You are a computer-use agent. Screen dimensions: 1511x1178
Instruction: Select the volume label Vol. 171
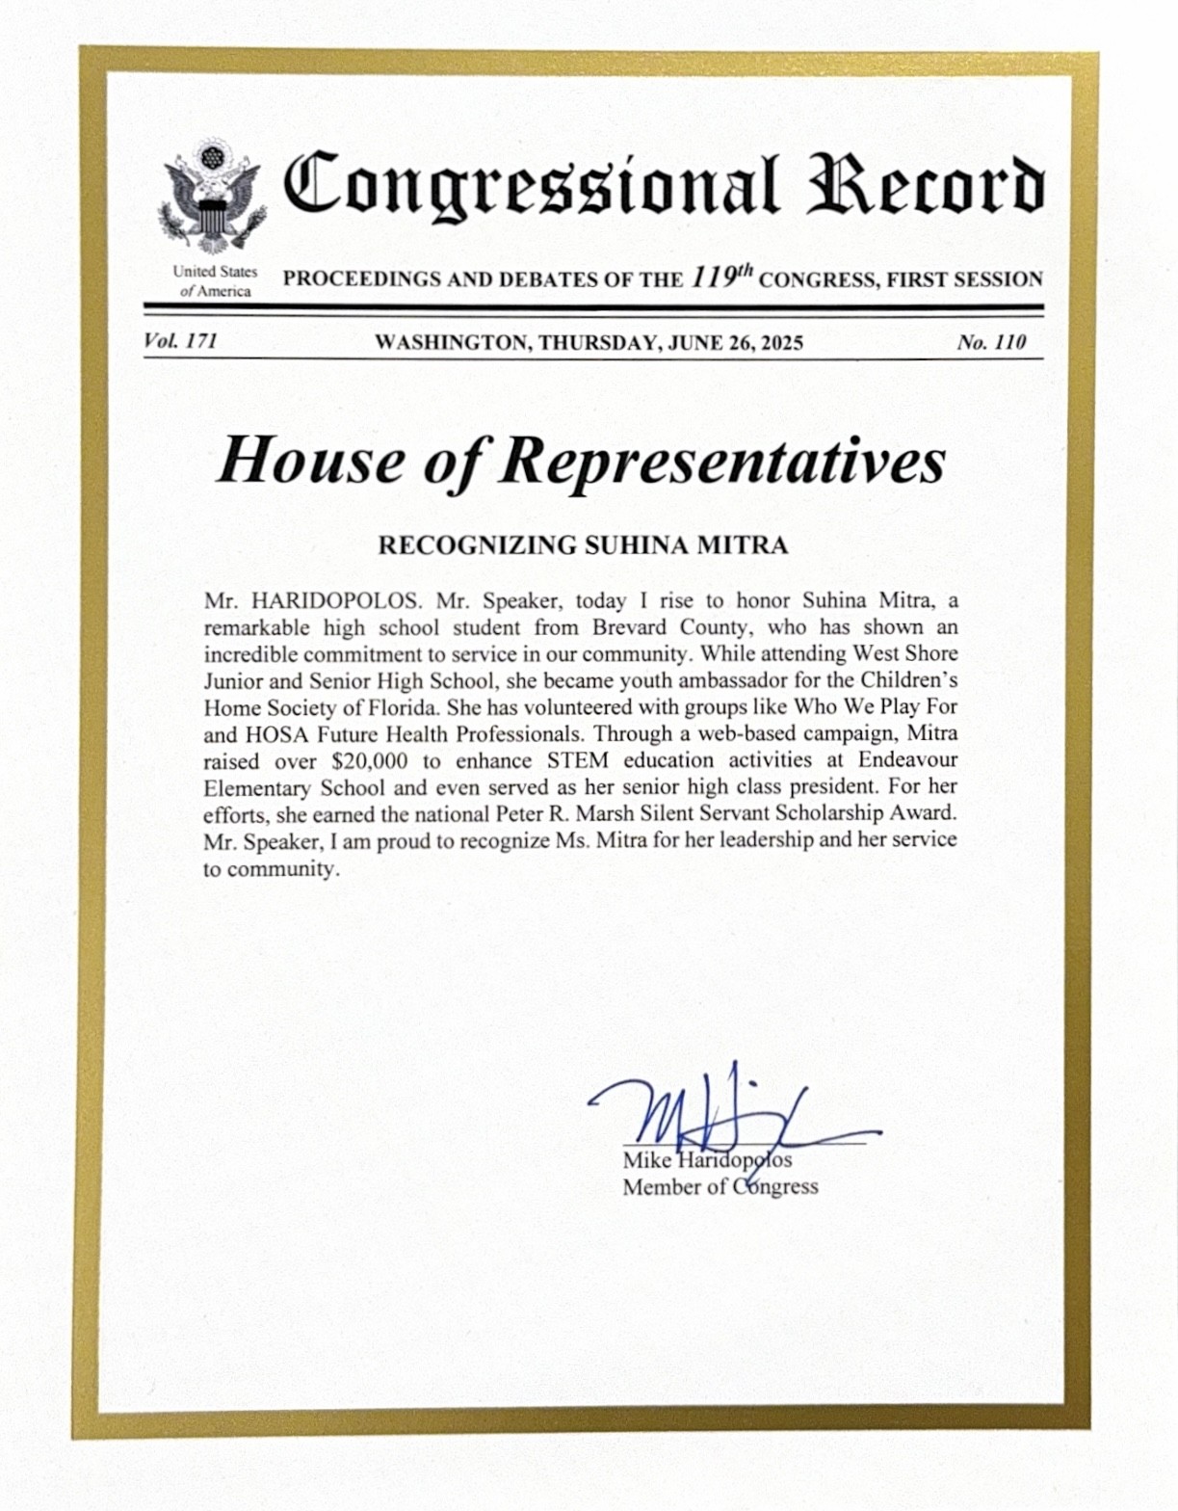180,341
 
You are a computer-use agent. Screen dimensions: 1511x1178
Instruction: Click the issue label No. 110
991,342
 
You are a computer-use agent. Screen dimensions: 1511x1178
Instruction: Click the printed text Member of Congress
720,1187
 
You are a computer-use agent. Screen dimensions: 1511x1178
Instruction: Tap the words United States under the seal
215,272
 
